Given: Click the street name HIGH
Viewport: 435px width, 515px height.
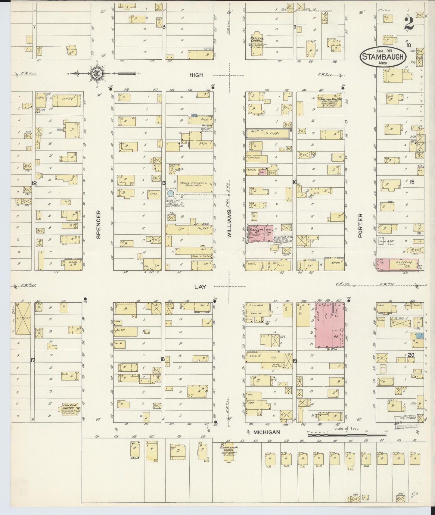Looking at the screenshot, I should [196, 75].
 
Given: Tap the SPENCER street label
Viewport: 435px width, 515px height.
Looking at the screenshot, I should [98, 224].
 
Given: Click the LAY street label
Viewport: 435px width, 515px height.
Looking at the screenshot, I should [200, 287].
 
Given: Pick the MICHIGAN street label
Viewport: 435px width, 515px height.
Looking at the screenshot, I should [266, 432].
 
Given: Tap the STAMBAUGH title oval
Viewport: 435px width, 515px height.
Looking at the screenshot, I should [382, 56].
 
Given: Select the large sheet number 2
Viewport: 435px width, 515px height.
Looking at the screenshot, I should [409, 23].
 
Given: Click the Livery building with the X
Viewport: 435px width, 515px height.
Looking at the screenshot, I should [23, 318].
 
